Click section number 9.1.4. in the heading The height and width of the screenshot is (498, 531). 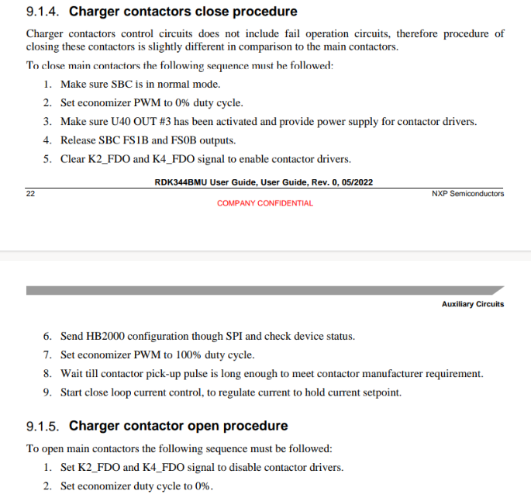coord(43,12)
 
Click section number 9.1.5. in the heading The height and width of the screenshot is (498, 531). coord(43,427)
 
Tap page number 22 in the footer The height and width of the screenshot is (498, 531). coord(30,193)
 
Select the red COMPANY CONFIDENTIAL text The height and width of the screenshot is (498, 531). coord(265,203)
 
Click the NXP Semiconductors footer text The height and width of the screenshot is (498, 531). coord(467,193)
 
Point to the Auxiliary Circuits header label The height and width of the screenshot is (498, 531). coord(473,304)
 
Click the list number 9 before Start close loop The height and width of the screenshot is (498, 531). coord(47,393)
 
